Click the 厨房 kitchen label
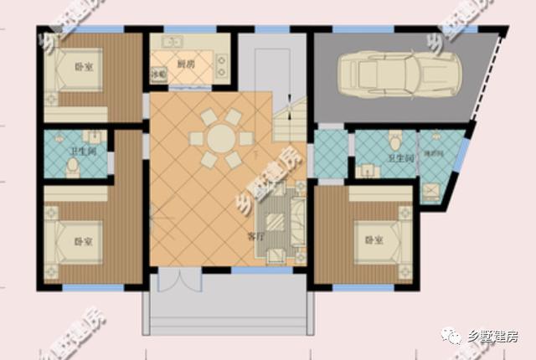pos(186,64)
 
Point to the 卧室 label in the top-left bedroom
pos(84,66)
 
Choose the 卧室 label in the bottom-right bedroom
pos(374,241)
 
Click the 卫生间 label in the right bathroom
pos(400,157)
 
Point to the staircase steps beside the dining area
pos(289,121)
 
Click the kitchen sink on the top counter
pos(173,42)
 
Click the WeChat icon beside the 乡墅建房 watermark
pos(453,336)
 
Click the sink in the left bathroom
pos(95,136)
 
